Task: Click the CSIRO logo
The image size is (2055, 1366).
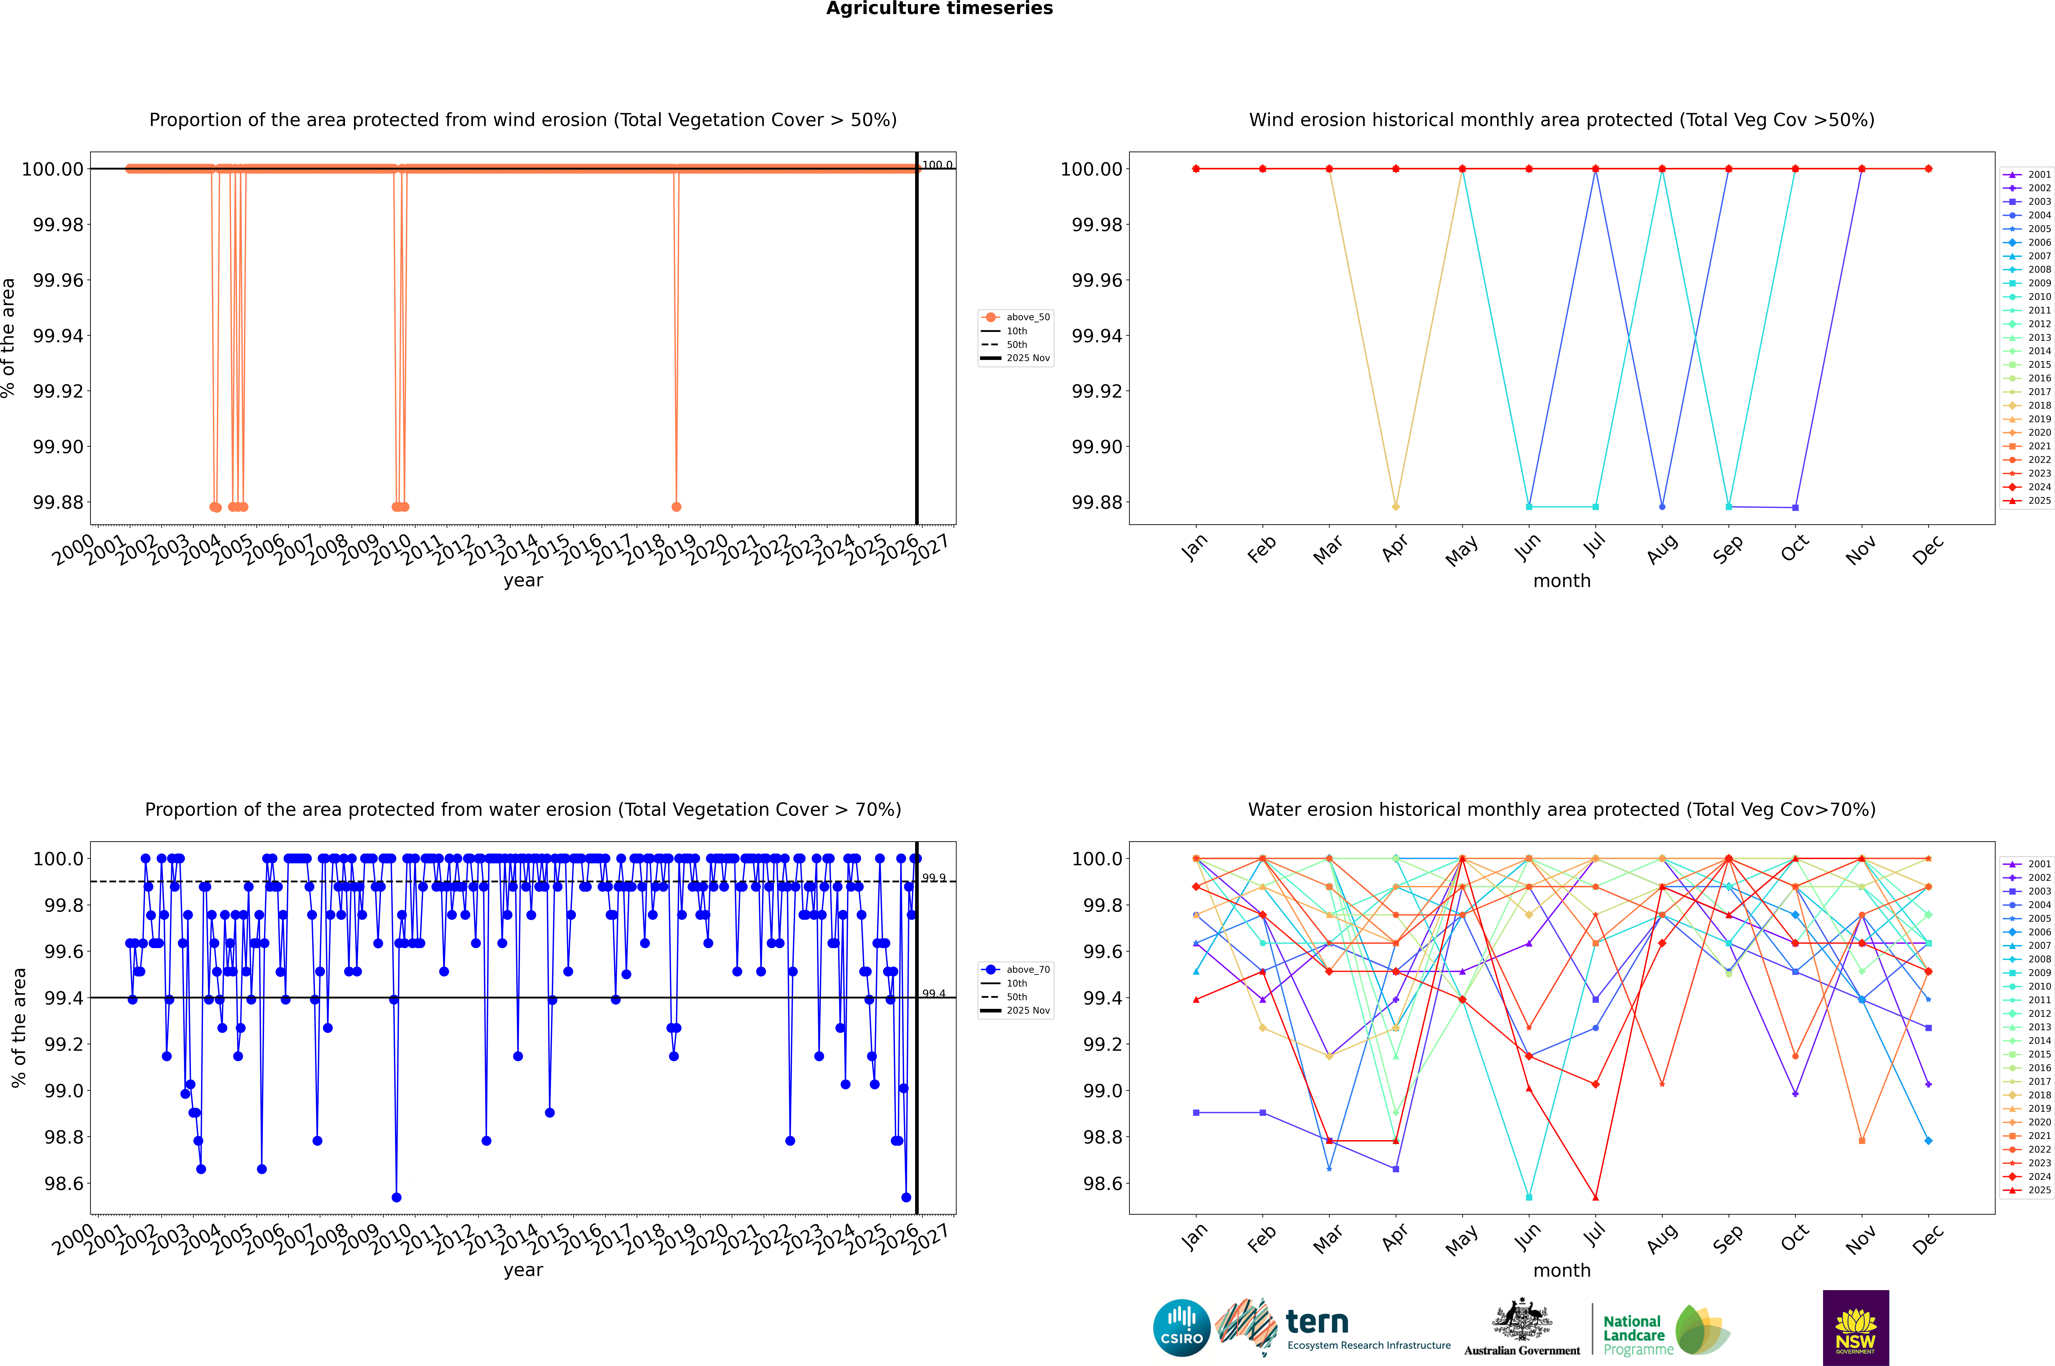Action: point(1181,1328)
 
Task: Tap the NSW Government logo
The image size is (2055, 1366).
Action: point(1855,1328)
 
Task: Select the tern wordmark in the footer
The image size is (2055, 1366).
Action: point(1317,1323)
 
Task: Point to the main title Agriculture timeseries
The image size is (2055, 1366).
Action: point(939,9)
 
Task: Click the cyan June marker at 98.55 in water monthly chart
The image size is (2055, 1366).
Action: point(1529,1197)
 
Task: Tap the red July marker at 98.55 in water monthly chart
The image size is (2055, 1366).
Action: point(1595,1197)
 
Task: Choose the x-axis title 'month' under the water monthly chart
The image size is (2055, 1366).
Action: point(1561,1270)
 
